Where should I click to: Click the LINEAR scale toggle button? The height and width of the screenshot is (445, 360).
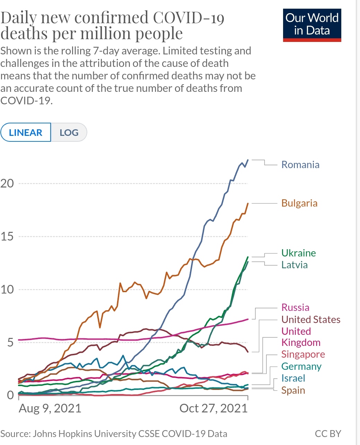coord(26,132)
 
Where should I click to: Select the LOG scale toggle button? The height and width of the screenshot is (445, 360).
coord(69,132)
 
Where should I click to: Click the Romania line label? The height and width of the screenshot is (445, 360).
coord(300,165)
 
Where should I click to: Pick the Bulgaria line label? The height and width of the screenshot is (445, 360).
coord(299,203)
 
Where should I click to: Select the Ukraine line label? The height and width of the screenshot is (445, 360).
coord(298,253)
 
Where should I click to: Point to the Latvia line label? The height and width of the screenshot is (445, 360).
coord(294,265)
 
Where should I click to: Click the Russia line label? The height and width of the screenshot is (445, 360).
coord(295,307)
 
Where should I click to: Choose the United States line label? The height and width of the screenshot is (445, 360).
coord(310,320)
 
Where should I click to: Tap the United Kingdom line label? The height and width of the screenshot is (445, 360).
coord(300,337)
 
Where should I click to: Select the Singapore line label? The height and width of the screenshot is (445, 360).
coord(303,354)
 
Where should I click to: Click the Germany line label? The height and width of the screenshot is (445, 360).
coord(301,366)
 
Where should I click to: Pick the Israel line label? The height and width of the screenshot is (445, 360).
coord(293,378)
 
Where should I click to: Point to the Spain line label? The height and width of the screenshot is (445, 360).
coord(293,390)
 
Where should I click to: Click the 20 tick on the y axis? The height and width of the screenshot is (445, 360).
coord(7,183)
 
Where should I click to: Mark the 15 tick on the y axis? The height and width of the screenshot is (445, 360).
coord(7,237)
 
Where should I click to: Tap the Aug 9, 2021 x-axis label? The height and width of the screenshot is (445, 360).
coord(50,408)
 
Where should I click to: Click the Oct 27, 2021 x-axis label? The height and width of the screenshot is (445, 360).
coord(213,408)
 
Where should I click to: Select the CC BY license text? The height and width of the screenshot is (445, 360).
coord(328,434)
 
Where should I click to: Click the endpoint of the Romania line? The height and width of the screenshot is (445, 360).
coord(248,160)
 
